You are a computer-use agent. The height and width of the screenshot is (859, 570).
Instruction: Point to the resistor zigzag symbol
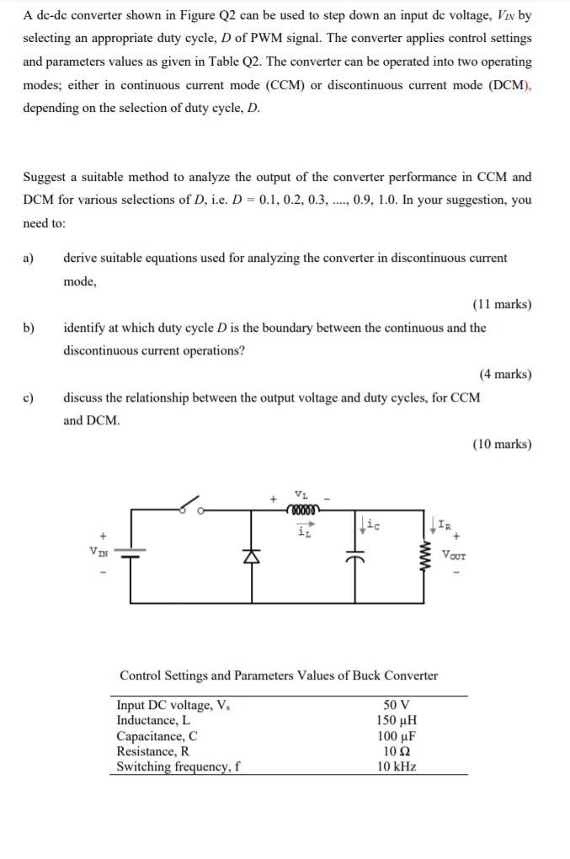424,556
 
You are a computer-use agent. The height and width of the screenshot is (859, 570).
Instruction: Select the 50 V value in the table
396,705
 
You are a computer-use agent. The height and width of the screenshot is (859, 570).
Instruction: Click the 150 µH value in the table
396,720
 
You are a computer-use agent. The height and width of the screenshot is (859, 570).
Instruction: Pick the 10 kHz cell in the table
396,766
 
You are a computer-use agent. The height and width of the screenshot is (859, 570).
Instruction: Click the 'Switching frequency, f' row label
179,766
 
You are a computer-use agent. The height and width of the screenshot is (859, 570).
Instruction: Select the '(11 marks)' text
502,304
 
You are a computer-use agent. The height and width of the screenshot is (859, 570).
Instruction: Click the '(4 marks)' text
505,374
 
